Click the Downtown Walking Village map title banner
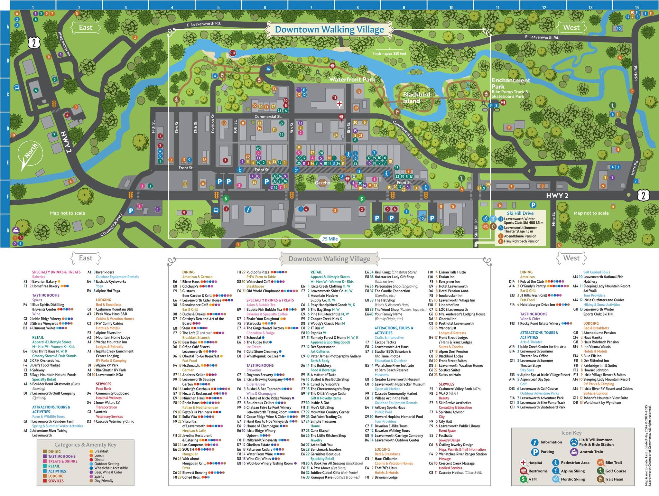click(x=329, y=30)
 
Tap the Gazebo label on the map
click(x=322, y=183)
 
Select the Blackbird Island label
click(x=416, y=98)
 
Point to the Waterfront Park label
click(x=352, y=79)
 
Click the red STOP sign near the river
click(x=233, y=53)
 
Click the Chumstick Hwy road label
click(x=111, y=225)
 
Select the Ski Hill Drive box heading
click(x=520, y=213)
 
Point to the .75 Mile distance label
click(x=329, y=239)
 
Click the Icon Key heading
click(x=571, y=433)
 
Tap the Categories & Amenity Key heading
click(x=85, y=445)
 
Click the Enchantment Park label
click(x=510, y=83)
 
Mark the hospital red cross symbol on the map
click(x=339, y=104)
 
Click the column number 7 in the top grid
click(x=311, y=7)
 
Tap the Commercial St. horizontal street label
click(x=268, y=117)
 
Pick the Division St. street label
click(x=213, y=124)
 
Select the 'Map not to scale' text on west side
click(x=591, y=213)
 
